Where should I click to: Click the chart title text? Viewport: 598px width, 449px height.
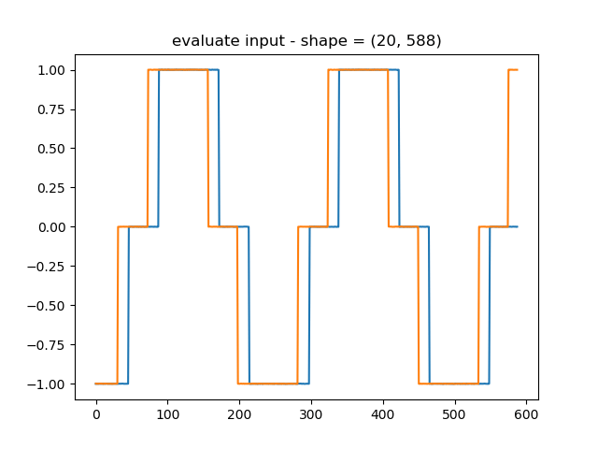point(306,41)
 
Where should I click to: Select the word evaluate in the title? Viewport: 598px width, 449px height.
point(201,41)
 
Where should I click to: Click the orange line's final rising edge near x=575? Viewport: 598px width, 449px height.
point(508,150)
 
